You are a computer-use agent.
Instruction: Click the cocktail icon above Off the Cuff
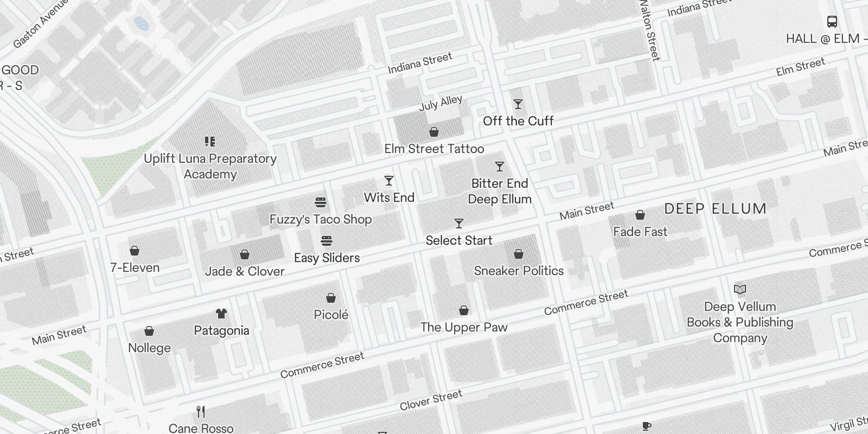click(518, 104)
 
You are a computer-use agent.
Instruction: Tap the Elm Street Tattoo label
click(434, 149)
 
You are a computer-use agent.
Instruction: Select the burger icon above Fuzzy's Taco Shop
click(321, 203)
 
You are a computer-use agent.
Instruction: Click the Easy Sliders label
click(327, 258)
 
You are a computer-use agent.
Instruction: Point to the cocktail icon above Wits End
click(389, 181)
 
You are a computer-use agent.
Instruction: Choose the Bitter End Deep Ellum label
click(500, 191)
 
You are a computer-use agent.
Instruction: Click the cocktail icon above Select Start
click(459, 224)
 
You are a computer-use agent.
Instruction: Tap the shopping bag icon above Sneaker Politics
click(519, 254)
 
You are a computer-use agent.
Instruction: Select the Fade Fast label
click(640, 232)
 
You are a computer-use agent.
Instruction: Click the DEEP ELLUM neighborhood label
click(715, 209)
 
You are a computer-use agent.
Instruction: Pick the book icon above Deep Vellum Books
click(740, 290)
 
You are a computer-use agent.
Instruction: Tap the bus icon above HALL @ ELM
click(832, 22)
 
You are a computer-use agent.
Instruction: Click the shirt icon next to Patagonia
click(221, 314)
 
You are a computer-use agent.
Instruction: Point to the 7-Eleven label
click(135, 267)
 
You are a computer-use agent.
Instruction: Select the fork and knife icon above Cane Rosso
click(201, 412)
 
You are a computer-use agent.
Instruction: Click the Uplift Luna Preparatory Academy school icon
click(210, 142)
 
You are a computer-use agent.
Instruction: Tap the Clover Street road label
click(431, 400)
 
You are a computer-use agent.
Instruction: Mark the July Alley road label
click(441, 103)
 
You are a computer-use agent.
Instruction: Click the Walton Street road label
click(649, 30)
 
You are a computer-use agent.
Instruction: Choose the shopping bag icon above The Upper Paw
click(464, 310)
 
